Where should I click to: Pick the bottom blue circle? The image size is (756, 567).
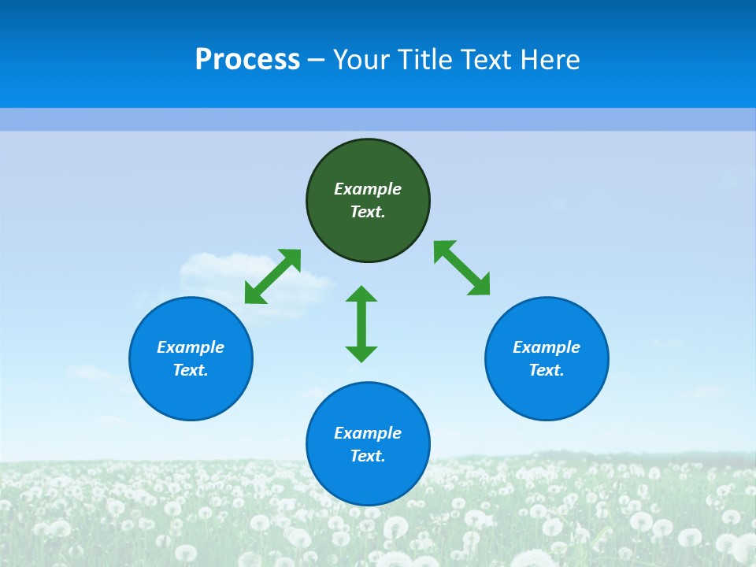pos(368,480)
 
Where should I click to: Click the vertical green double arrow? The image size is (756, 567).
pos(361,324)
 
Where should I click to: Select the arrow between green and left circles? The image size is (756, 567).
pos(272,276)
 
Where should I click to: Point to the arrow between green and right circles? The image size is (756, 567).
pos(462,268)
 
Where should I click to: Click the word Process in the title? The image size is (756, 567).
pos(247,60)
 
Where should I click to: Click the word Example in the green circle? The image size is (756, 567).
pos(368,189)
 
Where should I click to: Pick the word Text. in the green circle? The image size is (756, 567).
pos(368,212)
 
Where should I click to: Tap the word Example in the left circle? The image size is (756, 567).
pos(191,347)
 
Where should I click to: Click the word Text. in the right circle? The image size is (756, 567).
pos(547,370)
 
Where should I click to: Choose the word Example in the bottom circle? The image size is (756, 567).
pos(368,433)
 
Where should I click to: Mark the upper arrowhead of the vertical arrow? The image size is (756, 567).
pos(361,294)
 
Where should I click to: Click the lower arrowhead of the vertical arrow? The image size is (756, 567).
pos(361,354)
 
